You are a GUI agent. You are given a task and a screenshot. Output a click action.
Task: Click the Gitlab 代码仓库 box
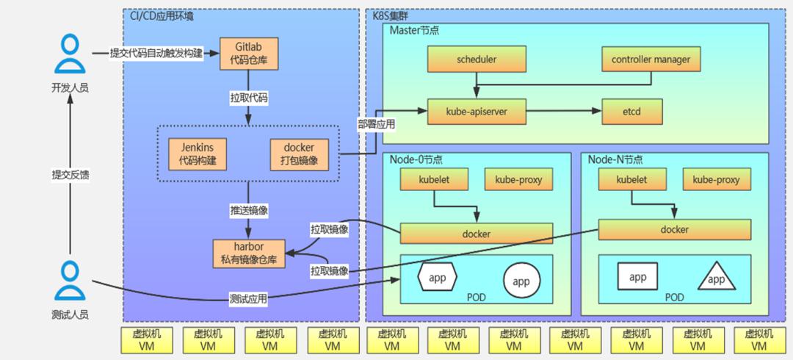248,53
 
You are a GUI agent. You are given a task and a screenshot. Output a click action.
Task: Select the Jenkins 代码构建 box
197,154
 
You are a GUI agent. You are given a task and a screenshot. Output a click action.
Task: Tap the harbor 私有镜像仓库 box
249,253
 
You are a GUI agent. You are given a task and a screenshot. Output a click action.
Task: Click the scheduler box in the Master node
477,60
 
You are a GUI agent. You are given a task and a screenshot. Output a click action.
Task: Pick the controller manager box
651,60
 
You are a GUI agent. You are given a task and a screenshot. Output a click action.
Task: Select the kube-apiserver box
477,112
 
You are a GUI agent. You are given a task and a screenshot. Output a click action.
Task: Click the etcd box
632,112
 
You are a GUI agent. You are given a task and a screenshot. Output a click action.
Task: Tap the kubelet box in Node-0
434,179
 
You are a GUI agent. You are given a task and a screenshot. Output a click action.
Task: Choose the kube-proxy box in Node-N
716,179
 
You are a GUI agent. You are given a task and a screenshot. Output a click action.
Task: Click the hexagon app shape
438,277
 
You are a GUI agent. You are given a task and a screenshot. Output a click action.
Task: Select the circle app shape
522,281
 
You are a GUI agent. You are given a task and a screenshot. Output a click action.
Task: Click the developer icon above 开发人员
70,54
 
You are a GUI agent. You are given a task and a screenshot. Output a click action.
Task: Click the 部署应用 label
377,124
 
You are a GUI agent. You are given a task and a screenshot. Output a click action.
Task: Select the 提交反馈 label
70,175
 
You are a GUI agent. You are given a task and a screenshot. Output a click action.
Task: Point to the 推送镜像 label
248,211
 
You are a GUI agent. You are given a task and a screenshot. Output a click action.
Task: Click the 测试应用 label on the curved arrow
248,299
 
